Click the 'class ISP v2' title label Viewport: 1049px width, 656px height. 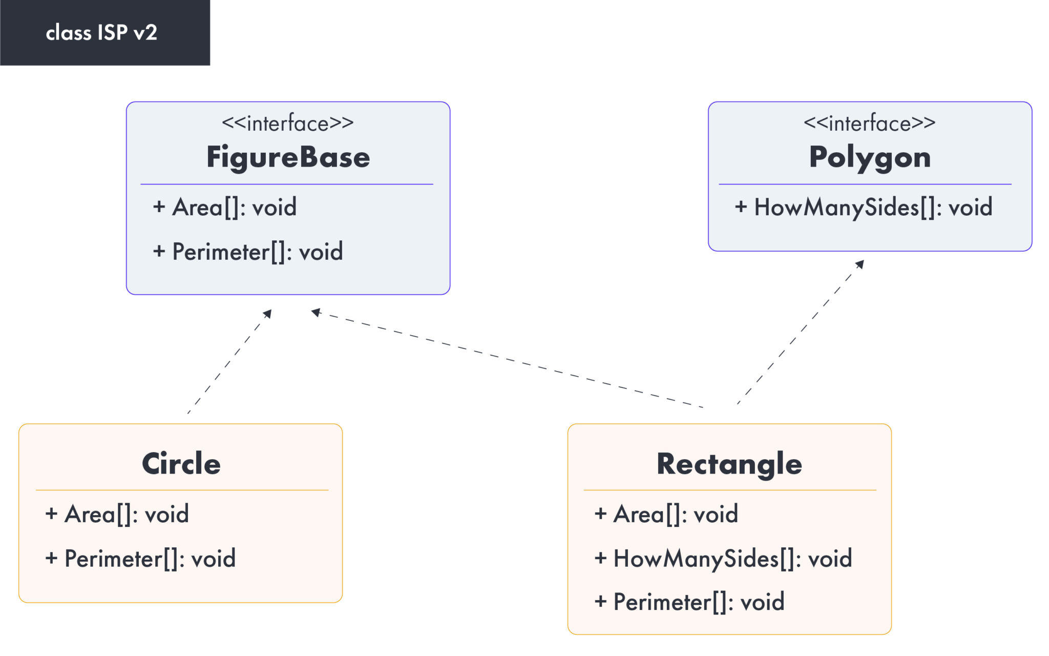click(x=101, y=33)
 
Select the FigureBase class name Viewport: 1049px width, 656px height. click(x=288, y=157)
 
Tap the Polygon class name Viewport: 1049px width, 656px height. click(x=870, y=157)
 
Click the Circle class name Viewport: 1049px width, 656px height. click(x=181, y=464)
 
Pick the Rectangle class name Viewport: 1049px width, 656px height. click(x=729, y=464)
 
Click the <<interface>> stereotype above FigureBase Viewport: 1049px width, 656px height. click(x=288, y=124)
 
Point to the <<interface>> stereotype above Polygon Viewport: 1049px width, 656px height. click(x=870, y=124)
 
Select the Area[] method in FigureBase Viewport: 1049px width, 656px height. click(x=224, y=207)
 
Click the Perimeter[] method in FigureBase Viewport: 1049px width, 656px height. click(x=248, y=252)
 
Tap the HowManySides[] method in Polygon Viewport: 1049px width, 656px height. click(x=864, y=207)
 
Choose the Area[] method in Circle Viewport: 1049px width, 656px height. click(x=117, y=514)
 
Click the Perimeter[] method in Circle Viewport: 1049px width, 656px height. click(x=140, y=559)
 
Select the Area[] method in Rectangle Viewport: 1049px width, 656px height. click(x=666, y=514)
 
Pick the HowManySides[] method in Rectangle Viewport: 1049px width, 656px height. click(x=723, y=559)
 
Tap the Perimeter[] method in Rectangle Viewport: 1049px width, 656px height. click(x=689, y=602)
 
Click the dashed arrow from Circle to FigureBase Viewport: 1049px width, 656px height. click(x=229, y=362)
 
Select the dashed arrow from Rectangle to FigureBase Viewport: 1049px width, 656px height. click(x=507, y=359)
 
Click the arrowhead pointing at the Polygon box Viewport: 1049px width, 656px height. click(x=861, y=264)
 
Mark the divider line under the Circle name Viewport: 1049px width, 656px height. click(x=182, y=490)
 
